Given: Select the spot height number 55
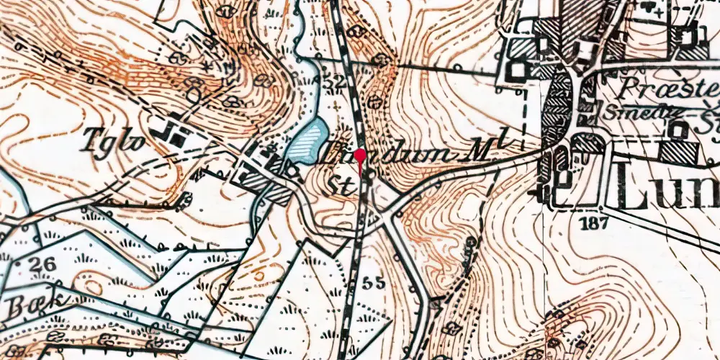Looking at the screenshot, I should [375, 282].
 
